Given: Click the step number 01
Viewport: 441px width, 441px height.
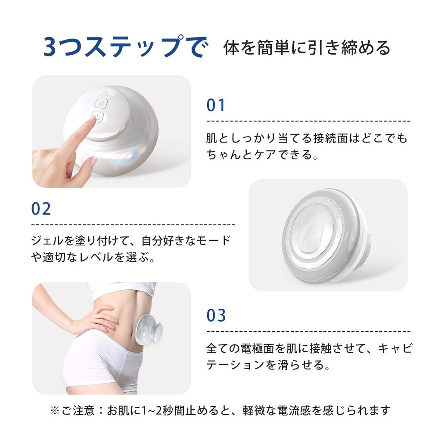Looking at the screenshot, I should coord(216,105).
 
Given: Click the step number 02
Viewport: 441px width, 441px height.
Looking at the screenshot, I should coord(41,209).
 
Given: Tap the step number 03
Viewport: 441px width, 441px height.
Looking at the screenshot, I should coord(216,316).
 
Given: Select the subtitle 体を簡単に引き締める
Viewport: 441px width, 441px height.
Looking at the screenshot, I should coord(307,48).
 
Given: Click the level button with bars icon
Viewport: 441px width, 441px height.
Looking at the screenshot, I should coord(101,103).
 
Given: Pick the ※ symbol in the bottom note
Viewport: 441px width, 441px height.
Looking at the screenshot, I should coord(54,410).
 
